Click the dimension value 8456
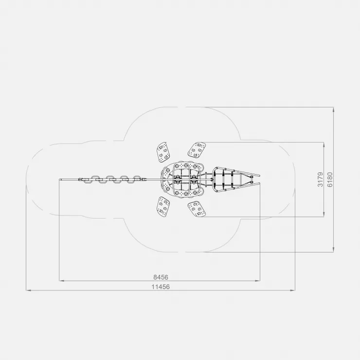pos(161,277)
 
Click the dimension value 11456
pos(161,287)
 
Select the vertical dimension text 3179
pos(320,180)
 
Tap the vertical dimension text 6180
pos(330,180)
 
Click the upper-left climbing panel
pos(163,152)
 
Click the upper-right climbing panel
pos(197,150)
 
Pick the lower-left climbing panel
pos(163,207)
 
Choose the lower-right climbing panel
pos(197,209)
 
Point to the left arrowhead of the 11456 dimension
pos(28,290)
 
